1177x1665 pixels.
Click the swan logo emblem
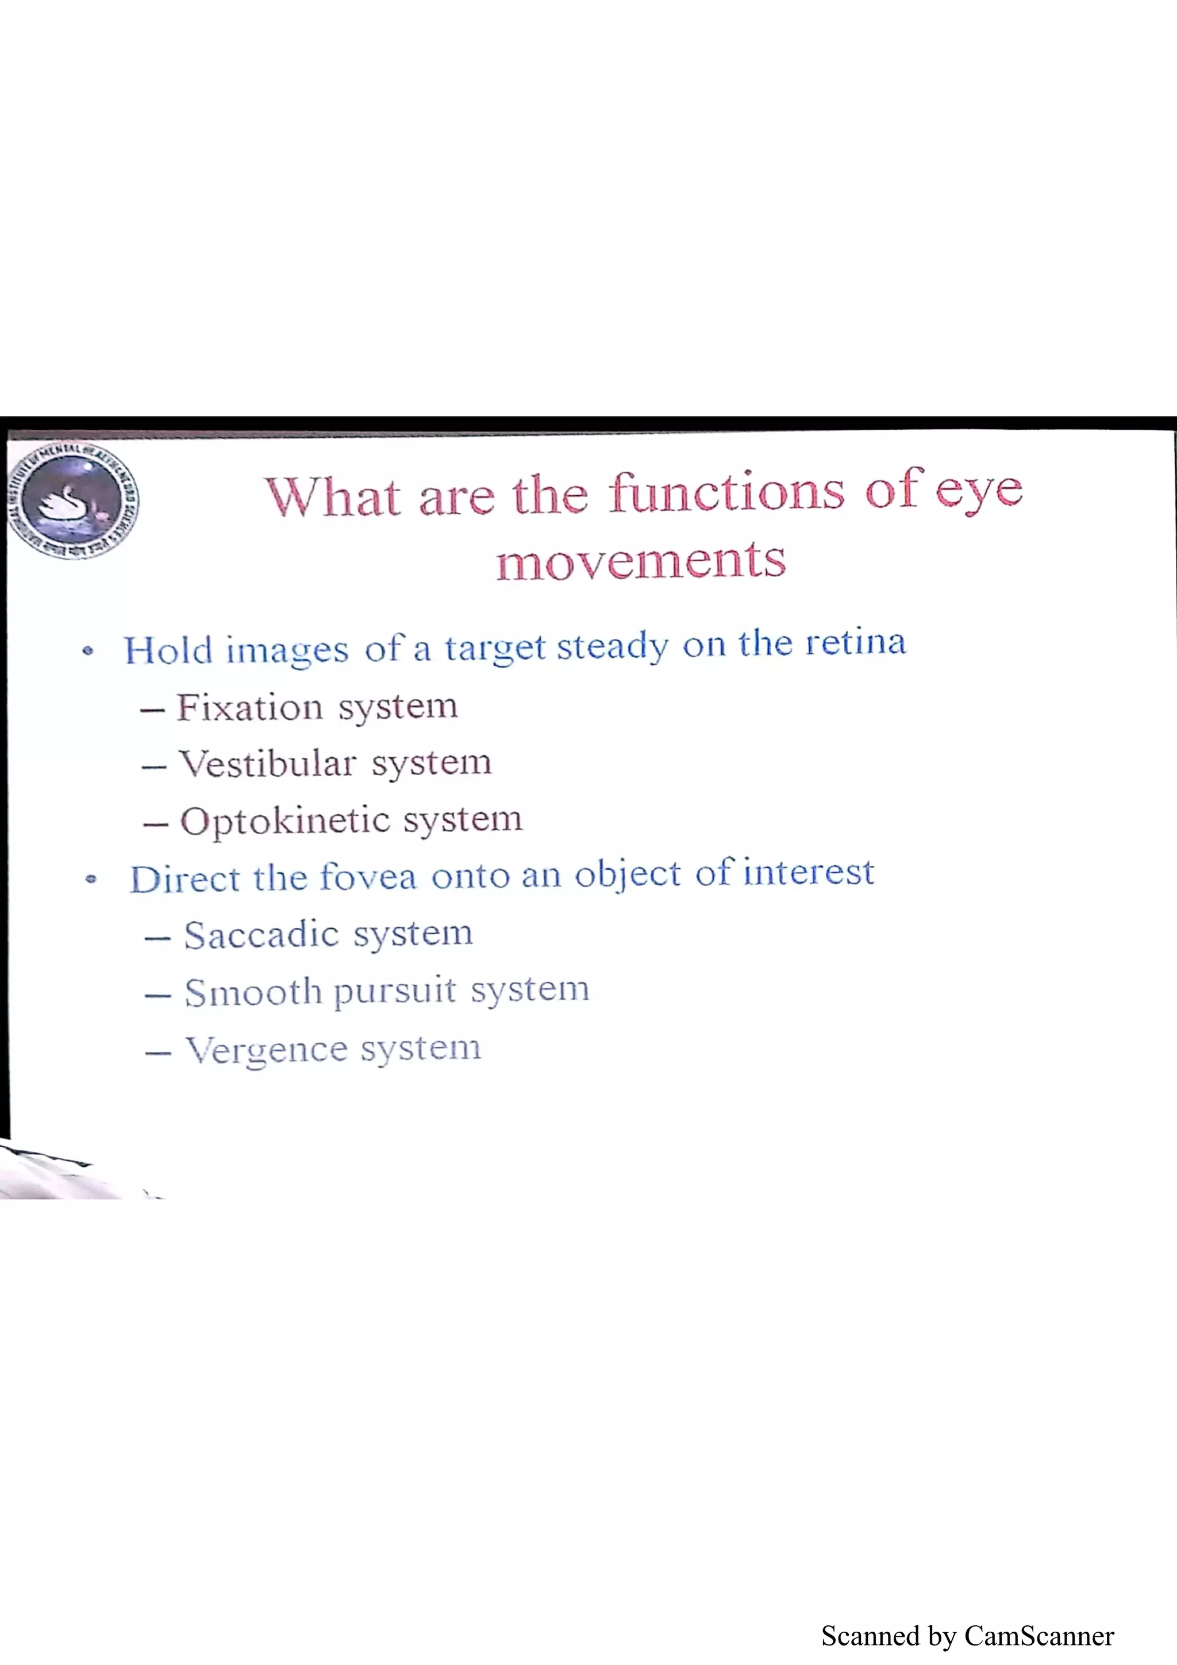(72, 500)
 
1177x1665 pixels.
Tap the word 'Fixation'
(249, 707)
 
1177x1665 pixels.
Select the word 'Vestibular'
(268, 763)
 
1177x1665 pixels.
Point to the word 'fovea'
(368, 877)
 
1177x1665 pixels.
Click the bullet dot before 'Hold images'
(88, 650)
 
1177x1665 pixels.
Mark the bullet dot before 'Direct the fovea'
(91, 880)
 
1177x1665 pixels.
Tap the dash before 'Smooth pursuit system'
(157, 996)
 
